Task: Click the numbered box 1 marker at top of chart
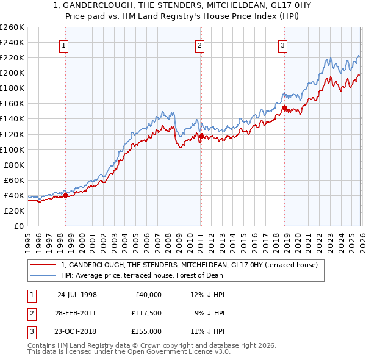point(65,45)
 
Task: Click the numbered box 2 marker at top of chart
point(200,45)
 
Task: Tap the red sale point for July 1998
point(66,195)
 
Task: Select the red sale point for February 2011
point(201,136)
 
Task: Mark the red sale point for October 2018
point(284,107)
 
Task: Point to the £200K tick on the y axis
point(12,73)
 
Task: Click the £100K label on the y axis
point(12,149)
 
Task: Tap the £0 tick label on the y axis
point(18,226)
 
